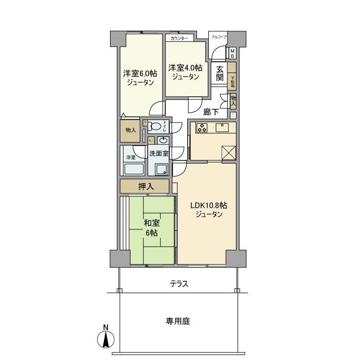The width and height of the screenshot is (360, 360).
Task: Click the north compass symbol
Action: click(105, 339)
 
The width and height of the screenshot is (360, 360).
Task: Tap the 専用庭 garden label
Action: click(178, 321)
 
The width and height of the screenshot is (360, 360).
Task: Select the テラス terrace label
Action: click(179, 283)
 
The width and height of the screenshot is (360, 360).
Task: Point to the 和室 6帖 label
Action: click(151, 228)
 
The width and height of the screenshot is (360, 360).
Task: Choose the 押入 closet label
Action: click(146, 186)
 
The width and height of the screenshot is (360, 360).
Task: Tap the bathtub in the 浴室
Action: click(133, 169)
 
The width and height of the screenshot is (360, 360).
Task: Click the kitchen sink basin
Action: click(224, 126)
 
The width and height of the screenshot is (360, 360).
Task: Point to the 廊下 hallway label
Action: click(212, 112)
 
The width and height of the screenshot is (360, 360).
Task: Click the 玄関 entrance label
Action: click(220, 74)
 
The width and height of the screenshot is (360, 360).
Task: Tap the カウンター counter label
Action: click(179, 39)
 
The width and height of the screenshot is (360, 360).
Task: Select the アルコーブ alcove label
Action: click(219, 37)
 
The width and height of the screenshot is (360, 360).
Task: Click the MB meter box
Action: click(232, 52)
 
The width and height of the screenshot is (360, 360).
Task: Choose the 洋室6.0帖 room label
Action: click(140, 77)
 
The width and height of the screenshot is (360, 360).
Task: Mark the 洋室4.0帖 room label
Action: click(185, 72)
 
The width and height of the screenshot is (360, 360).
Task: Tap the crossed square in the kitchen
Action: click(228, 153)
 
